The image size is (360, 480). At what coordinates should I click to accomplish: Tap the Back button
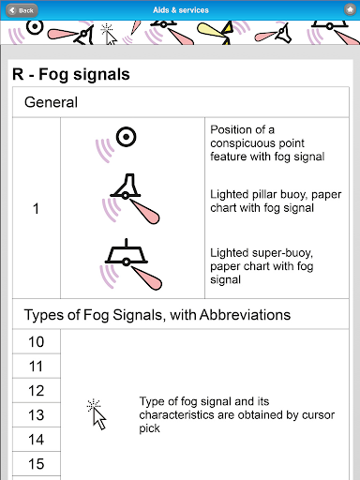tap(22, 10)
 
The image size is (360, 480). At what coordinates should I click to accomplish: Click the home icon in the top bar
tap(350, 10)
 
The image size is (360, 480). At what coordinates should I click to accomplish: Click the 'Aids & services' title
tap(181, 10)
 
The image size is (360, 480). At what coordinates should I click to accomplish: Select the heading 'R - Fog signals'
tap(71, 75)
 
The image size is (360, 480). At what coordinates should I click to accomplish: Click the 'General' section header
tap(51, 102)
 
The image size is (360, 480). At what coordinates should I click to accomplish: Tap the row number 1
tap(36, 208)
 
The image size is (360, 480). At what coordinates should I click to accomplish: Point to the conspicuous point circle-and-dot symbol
tap(127, 137)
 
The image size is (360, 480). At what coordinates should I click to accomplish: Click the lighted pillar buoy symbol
tap(126, 187)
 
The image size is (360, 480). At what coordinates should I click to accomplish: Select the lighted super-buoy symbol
tap(126, 252)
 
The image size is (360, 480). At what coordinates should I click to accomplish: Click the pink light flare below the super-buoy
tap(147, 277)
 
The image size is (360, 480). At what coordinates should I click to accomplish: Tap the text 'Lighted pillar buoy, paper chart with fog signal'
tap(276, 201)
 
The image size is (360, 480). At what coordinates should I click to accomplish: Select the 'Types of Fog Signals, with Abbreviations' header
tap(157, 315)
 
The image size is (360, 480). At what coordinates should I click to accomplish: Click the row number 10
tap(37, 342)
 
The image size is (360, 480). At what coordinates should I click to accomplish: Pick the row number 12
tap(37, 391)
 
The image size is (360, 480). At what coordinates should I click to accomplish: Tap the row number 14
tap(37, 440)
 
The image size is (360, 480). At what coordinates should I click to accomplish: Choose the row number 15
tap(37, 464)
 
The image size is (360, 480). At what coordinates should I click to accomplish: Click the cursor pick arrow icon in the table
tap(97, 415)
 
